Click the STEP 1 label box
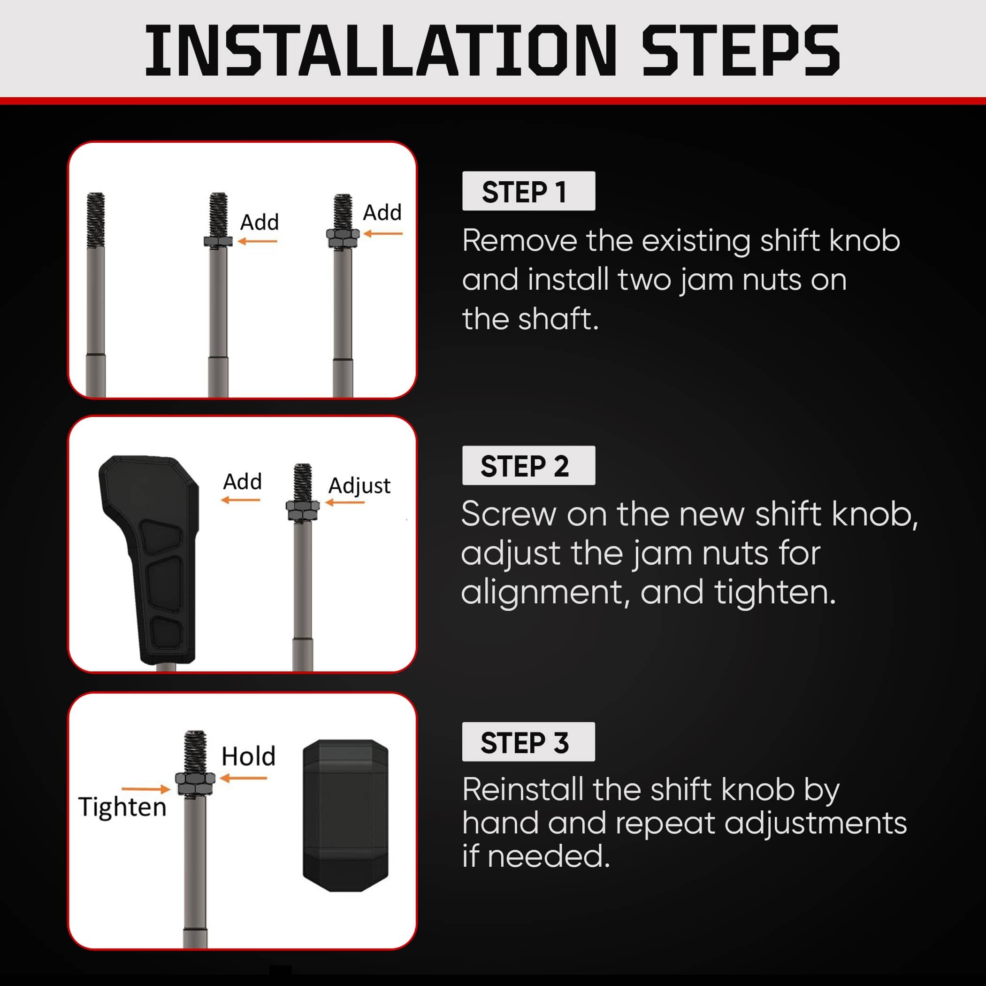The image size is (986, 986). [528, 191]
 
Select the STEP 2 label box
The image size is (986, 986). [528, 465]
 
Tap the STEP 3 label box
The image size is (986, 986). [528, 742]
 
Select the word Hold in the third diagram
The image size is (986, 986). [249, 756]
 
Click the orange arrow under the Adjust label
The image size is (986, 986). [345, 503]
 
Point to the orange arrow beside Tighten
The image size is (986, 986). [145, 789]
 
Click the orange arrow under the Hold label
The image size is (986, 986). [244, 778]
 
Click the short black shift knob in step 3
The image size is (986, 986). [345, 816]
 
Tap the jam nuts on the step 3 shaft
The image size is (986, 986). [195, 784]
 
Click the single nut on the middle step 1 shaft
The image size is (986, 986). [218, 241]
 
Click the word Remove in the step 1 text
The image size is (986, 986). [520, 240]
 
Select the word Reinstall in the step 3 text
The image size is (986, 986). [523, 789]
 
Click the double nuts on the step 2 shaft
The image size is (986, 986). [303, 511]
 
